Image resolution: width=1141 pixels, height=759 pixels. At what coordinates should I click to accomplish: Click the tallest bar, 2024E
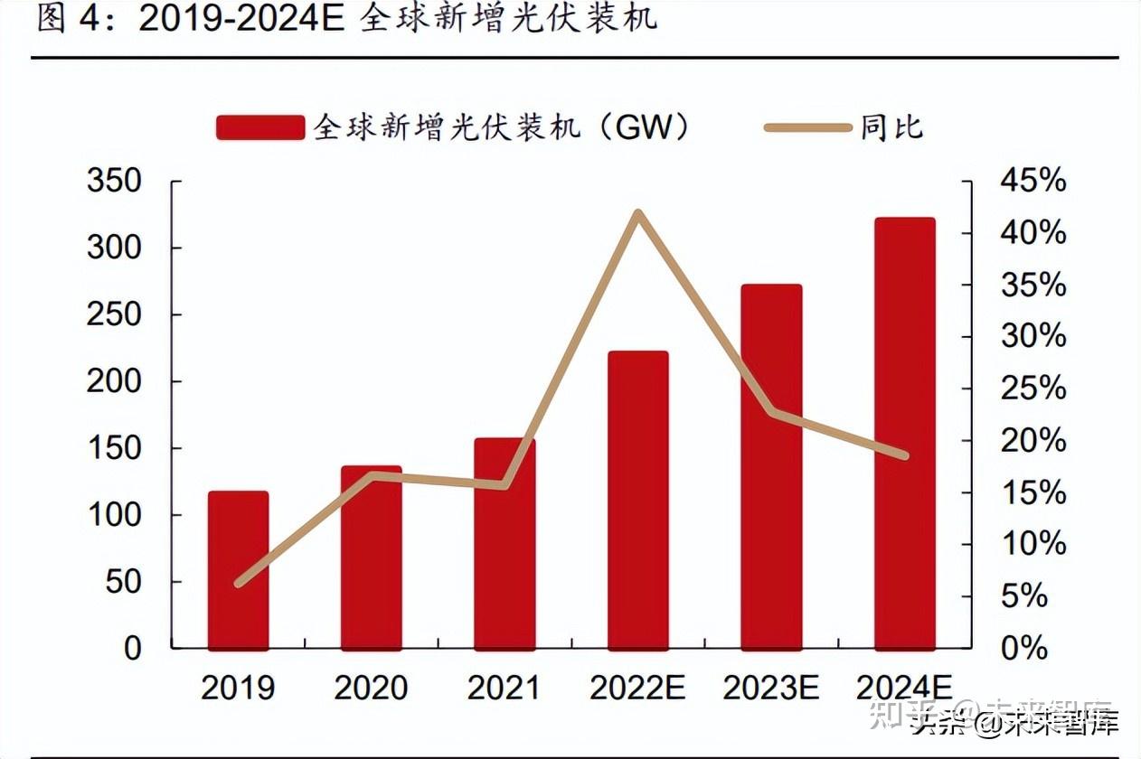(904, 433)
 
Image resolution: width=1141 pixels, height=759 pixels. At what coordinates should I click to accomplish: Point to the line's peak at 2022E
(637, 214)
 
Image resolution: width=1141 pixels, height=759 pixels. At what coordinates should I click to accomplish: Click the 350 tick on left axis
(114, 181)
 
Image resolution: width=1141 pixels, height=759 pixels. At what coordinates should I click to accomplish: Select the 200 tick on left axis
(114, 381)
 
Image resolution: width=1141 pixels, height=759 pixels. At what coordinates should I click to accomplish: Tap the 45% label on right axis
(1033, 181)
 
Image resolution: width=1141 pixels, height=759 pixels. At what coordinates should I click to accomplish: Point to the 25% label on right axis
(1033, 389)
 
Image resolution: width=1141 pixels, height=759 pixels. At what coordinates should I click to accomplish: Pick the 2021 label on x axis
(503, 689)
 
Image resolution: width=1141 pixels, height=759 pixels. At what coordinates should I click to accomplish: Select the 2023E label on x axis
(770, 689)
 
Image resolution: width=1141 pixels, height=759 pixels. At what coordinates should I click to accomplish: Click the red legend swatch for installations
(259, 127)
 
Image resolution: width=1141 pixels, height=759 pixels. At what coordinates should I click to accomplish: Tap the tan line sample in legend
(807, 127)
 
